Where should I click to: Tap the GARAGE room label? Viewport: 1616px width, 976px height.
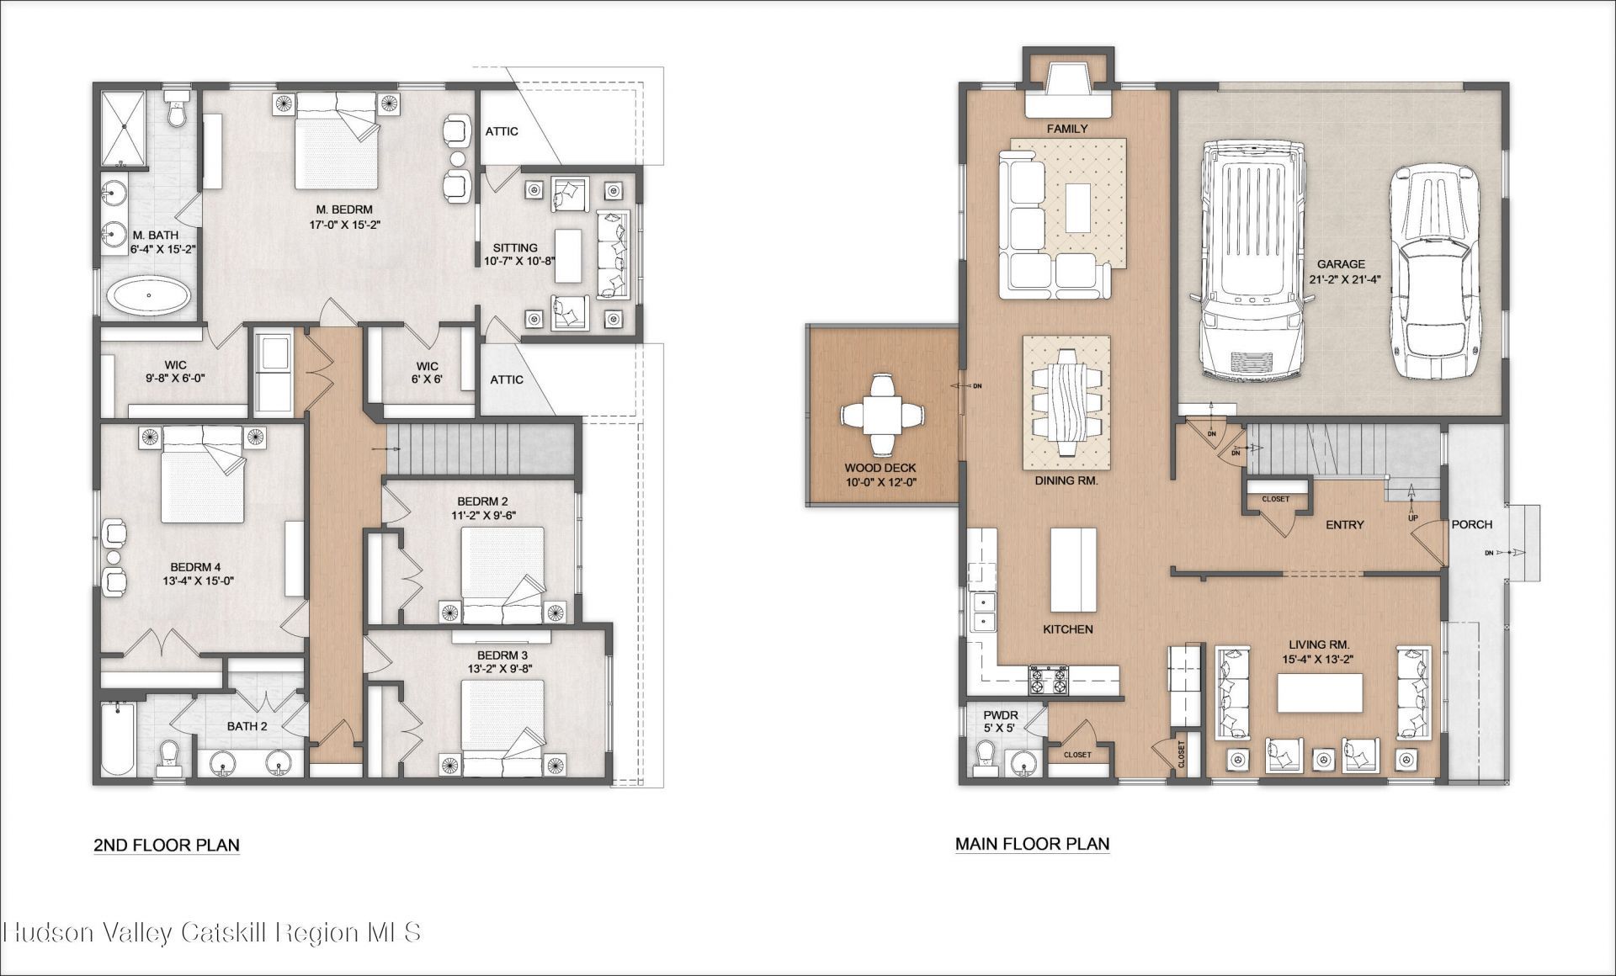tap(1342, 264)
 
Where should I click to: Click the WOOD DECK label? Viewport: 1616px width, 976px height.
tap(880, 468)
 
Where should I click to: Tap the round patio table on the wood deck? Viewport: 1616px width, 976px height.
tap(882, 414)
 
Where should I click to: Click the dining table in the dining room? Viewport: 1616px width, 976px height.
tap(1066, 403)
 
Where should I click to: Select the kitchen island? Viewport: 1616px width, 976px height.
tap(1073, 570)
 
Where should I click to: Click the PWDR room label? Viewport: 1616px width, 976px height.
tap(1000, 716)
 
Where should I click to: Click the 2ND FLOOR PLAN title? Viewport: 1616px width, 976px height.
tap(167, 845)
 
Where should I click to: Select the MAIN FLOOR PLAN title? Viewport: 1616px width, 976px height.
tap(1032, 843)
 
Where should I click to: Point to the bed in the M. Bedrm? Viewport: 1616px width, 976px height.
tap(335, 141)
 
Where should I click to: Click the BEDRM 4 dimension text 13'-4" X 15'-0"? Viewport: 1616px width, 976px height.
tap(198, 581)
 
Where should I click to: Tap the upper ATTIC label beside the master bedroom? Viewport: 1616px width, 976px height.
tap(502, 131)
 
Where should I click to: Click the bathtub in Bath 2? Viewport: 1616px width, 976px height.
tap(117, 740)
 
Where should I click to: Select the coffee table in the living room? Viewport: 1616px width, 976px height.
tap(1319, 693)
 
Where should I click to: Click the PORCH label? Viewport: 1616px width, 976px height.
tap(1471, 524)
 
